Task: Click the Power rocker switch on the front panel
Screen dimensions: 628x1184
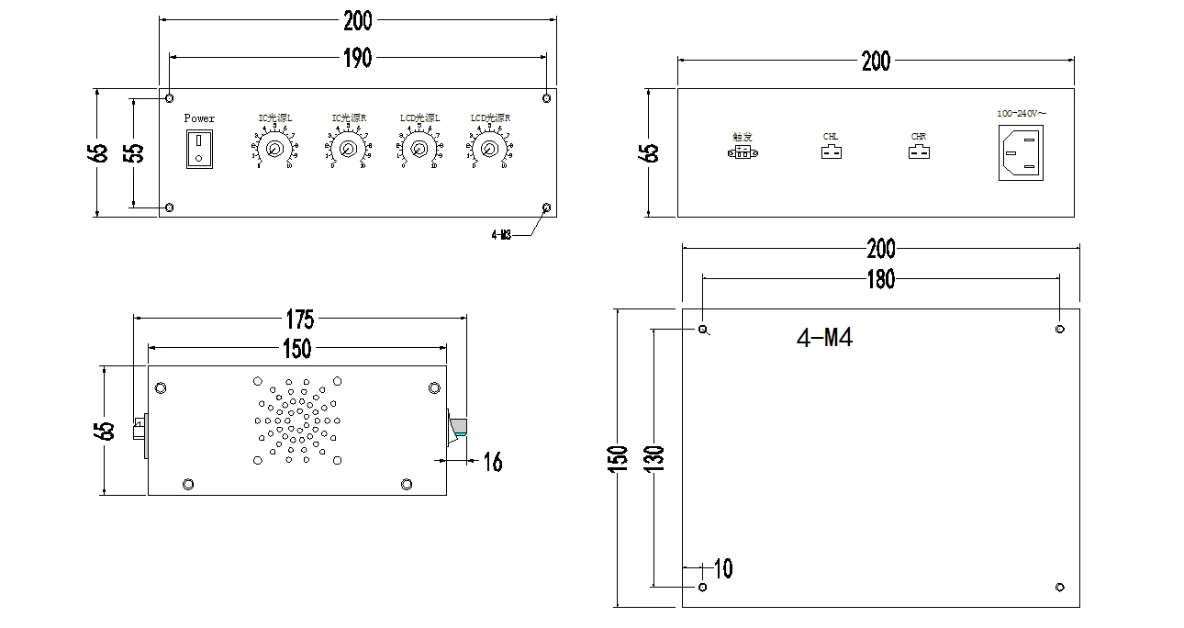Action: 199,149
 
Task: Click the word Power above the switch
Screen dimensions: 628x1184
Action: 199,118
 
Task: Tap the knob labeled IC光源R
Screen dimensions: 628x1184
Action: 347,149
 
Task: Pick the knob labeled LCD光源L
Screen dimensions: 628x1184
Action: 419,149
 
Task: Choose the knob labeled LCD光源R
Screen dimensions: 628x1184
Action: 489,149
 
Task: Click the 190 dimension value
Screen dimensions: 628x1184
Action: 357,58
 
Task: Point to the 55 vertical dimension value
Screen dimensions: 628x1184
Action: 134,152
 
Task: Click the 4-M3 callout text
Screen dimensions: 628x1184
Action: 501,235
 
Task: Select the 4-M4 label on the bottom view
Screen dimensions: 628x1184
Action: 824,339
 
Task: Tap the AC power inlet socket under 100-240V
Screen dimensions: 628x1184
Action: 1022,152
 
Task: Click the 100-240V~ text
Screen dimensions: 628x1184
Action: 1022,113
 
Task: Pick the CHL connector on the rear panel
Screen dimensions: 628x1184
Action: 830,151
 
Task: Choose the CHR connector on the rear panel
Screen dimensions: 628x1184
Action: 918,151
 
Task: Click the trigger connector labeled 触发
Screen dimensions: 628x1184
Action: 742,151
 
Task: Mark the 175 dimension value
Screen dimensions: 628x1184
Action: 299,320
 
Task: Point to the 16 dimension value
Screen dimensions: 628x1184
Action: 493,462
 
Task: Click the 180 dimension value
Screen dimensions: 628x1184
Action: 879,280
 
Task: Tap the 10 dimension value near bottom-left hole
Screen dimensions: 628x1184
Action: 723,569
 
